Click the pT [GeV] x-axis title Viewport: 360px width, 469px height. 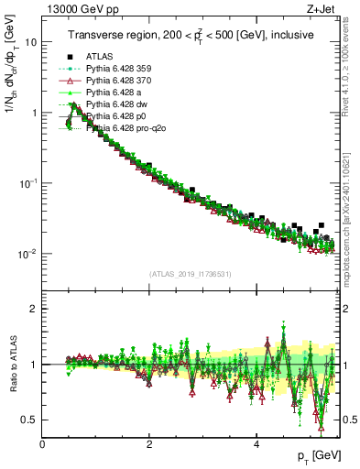[x=318, y=455]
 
